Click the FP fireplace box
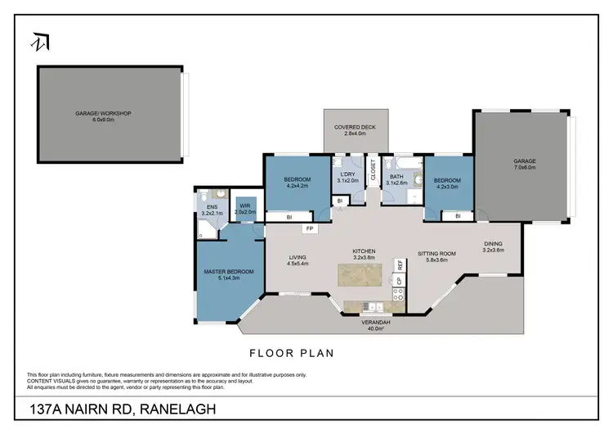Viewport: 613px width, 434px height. [310, 229]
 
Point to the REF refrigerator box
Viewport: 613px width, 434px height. [400, 265]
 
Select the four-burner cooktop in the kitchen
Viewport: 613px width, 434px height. [400, 296]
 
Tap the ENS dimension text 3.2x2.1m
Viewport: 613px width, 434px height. [213, 213]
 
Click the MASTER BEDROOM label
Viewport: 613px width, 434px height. [229, 271]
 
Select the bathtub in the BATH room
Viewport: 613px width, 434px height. [392, 195]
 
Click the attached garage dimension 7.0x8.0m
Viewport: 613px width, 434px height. [524, 166]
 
